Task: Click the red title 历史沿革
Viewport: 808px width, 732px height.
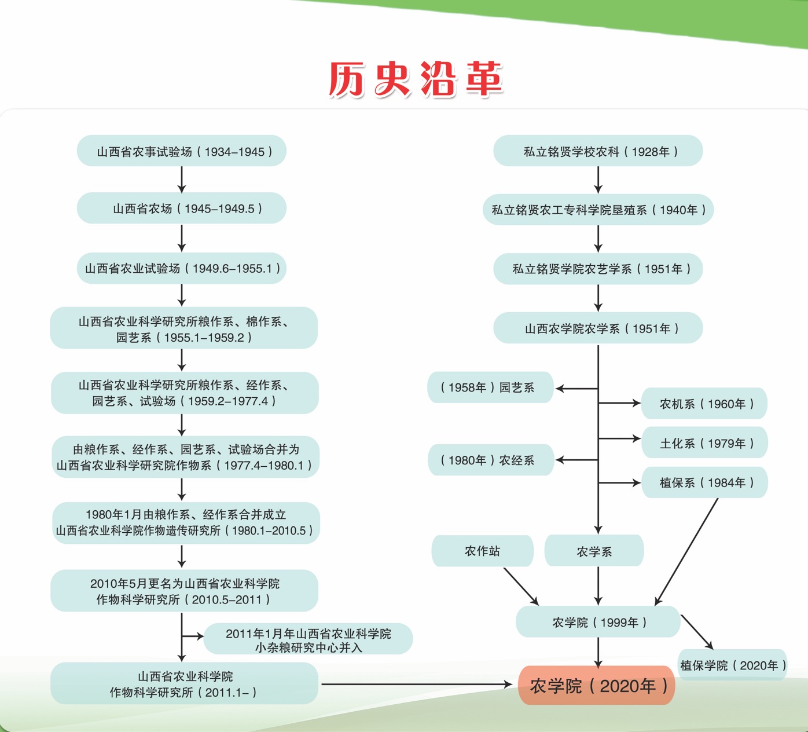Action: (416, 79)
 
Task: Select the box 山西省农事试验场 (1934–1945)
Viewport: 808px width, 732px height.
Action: (182, 151)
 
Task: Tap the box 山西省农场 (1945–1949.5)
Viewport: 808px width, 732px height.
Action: (182, 208)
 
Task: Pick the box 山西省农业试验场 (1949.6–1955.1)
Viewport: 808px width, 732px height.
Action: (182, 268)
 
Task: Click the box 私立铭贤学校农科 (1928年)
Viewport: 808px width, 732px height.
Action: (598, 151)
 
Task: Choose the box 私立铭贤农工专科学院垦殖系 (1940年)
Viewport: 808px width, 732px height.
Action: (598, 210)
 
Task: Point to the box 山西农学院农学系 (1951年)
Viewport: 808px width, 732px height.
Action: (598, 328)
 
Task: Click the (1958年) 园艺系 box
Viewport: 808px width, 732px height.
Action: (490, 387)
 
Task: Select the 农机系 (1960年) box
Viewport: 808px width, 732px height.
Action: (704, 404)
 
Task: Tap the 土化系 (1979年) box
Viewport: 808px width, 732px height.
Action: (704, 443)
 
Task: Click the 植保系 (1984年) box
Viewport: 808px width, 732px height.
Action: (704, 482)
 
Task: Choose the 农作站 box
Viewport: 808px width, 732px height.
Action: (482, 551)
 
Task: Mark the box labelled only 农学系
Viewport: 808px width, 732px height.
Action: (594, 551)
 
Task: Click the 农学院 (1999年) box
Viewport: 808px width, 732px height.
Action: (598, 622)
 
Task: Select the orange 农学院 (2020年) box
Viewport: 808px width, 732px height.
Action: (597, 686)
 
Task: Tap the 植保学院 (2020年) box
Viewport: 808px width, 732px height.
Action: (732, 665)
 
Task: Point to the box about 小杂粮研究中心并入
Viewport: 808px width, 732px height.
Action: (308, 640)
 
